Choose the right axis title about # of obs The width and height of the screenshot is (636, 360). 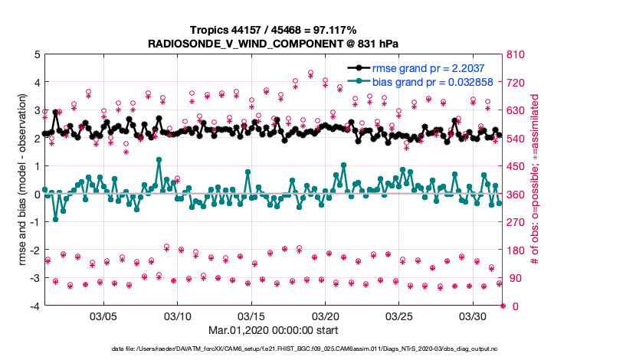tap(536, 181)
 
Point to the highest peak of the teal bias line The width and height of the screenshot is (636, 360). tap(159, 160)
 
